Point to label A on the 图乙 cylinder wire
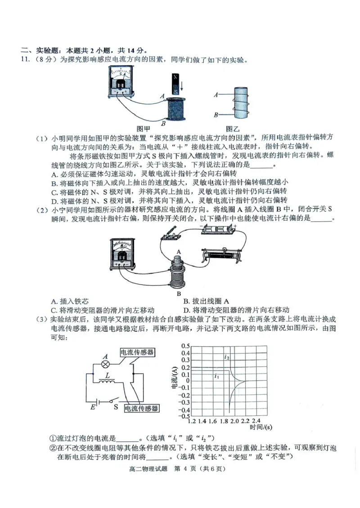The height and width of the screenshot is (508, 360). [x=216, y=95]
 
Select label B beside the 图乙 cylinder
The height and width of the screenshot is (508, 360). [x=216, y=115]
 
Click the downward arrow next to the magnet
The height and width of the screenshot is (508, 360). [x=182, y=85]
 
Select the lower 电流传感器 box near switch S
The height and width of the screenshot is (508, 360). [x=141, y=408]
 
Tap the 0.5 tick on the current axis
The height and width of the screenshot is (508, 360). [x=185, y=346]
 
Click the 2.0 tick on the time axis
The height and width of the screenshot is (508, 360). [x=234, y=421]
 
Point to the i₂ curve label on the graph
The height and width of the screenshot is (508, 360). [x=227, y=357]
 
